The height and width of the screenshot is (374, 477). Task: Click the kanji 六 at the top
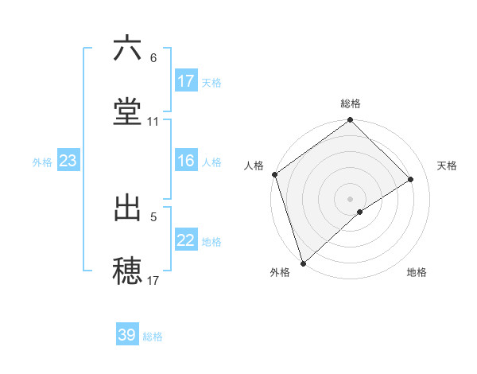[x=127, y=49]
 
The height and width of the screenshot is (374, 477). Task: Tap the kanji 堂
[x=127, y=112]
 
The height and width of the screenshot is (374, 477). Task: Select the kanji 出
[x=127, y=208]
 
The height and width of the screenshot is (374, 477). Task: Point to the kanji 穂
[x=127, y=271]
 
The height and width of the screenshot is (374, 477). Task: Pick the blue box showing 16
[x=186, y=161]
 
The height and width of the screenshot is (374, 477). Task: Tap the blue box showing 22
[x=186, y=240]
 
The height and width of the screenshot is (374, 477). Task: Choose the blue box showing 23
[x=68, y=161]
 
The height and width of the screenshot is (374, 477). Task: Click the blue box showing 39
[x=127, y=335]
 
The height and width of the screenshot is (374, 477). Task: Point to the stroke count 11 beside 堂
[x=153, y=122]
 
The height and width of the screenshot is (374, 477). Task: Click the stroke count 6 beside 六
[x=153, y=58]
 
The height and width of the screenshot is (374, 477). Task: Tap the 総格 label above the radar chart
[x=351, y=103]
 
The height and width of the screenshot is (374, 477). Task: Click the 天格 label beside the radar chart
[x=448, y=166]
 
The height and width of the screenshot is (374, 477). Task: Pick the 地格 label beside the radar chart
[x=417, y=272]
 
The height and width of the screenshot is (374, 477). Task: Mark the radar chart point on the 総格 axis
[x=351, y=121]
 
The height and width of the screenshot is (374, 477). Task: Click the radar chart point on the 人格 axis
[x=274, y=174]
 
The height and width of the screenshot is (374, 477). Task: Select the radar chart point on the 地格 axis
[x=360, y=212]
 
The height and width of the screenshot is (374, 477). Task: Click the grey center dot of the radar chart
[x=351, y=198]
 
